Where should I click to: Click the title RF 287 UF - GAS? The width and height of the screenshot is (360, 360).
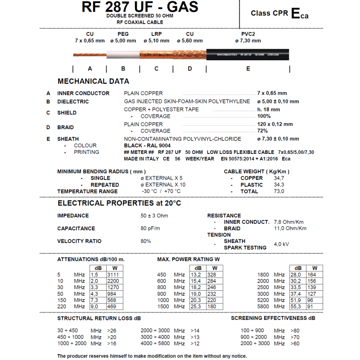(x=140, y=7)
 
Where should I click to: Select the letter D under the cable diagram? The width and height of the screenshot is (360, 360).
(x=190, y=68)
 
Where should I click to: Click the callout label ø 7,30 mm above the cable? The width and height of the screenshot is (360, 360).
(x=247, y=40)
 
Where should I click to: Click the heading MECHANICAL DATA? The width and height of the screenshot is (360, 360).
(x=93, y=81)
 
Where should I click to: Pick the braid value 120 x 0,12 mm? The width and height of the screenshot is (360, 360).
(x=275, y=124)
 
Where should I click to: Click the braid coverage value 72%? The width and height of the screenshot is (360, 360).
(x=262, y=131)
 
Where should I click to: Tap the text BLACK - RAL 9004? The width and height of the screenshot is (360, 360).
(x=146, y=146)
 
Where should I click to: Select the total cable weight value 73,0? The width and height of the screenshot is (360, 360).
(x=279, y=191)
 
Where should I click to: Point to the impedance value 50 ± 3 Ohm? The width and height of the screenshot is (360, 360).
(x=154, y=216)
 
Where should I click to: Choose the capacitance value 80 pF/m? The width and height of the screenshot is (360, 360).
(x=150, y=229)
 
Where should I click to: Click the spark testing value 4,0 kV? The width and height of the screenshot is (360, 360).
(x=281, y=244)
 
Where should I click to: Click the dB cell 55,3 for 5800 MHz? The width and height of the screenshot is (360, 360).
(x=296, y=306)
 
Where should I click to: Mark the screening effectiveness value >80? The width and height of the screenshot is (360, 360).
(x=295, y=330)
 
